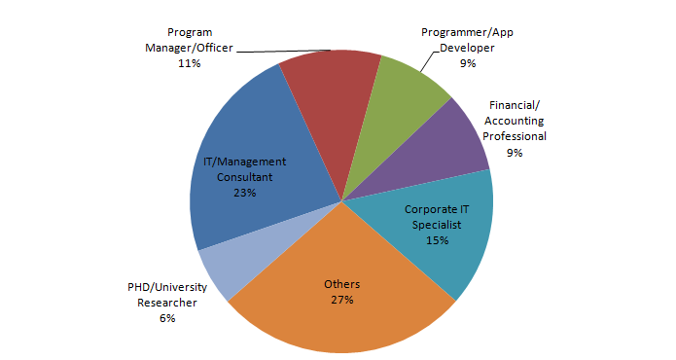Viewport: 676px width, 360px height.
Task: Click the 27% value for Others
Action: pos(341,300)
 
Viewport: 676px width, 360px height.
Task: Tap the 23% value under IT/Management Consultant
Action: pos(244,193)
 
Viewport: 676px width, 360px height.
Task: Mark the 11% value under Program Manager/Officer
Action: pos(189,63)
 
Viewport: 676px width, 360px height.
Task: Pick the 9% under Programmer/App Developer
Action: pos(468,63)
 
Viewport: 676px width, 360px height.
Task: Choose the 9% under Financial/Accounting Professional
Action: pos(515,153)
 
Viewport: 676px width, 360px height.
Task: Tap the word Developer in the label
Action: pos(467,48)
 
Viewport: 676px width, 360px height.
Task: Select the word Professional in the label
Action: pos(515,137)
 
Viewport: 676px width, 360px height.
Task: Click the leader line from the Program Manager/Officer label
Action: pos(282,50)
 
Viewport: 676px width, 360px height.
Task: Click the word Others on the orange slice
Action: pos(341,284)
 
